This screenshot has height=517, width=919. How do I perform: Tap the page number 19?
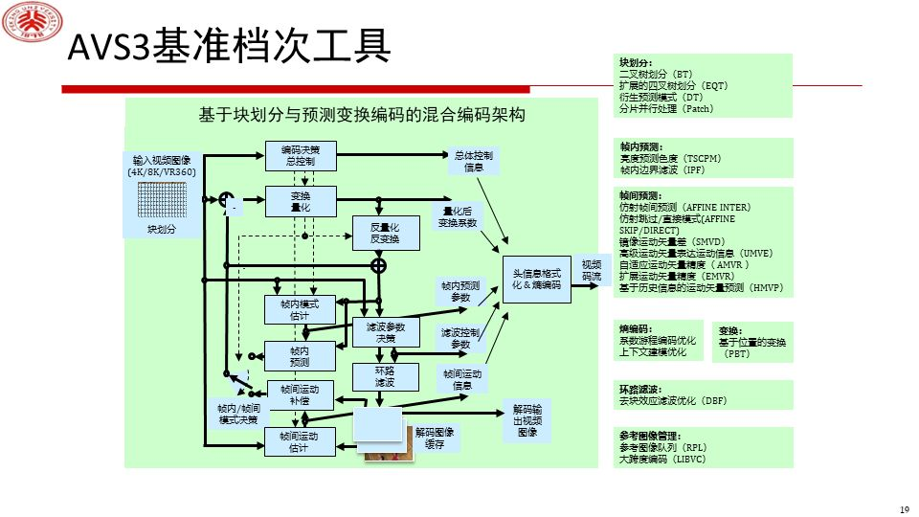click(903, 508)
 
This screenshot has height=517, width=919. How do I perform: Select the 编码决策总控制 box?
click(300, 155)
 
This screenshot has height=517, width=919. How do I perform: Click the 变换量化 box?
click(300, 200)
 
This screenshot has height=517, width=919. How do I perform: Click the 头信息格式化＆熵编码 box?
click(536, 279)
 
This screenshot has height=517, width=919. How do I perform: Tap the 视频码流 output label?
click(592, 270)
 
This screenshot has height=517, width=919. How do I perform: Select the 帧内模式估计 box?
click(300, 309)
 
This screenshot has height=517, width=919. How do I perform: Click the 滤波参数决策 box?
click(385, 332)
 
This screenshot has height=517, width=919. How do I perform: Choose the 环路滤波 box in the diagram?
click(385, 376)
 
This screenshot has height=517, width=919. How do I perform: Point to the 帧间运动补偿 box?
click(300, 393)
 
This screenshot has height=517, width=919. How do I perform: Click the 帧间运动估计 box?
click(300, 441)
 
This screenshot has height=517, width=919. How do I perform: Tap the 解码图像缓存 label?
click(435, 438)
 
